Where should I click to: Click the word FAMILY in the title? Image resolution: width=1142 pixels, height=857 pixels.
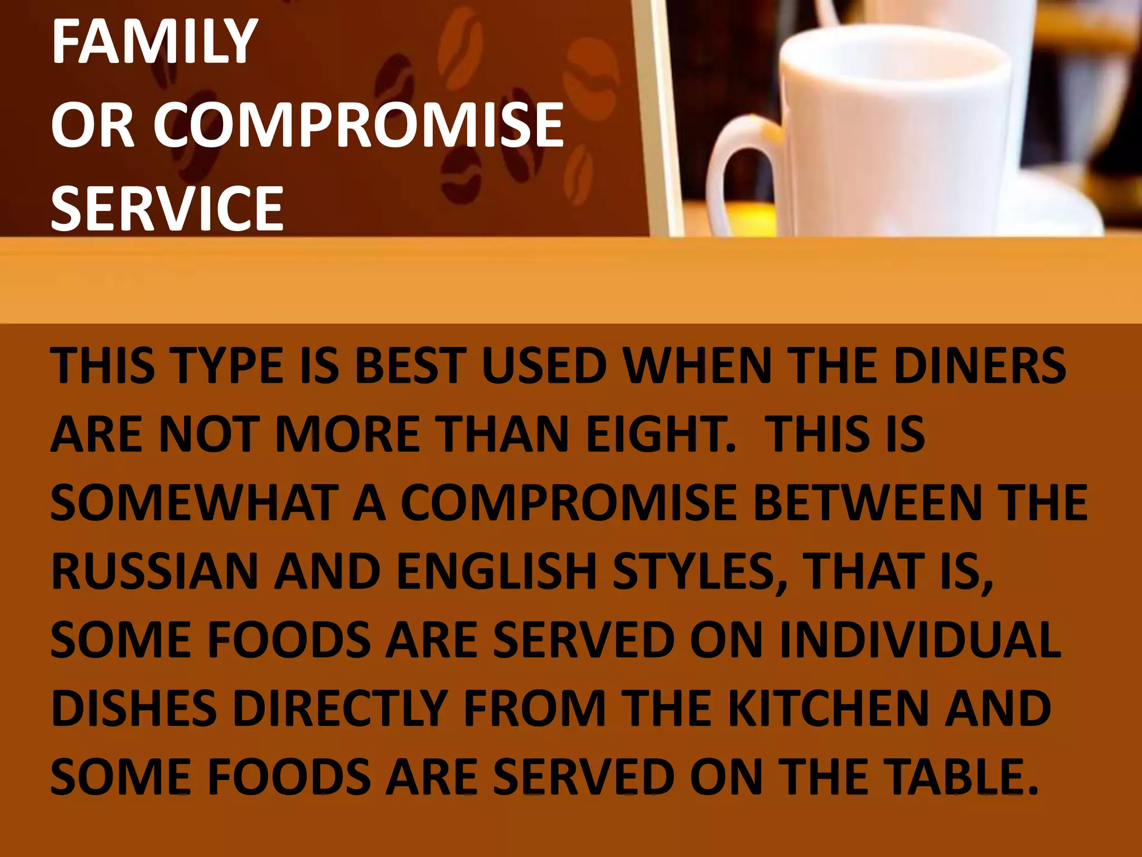(154, 41)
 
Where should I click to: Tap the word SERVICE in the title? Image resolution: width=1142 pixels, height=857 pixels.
(167, 209)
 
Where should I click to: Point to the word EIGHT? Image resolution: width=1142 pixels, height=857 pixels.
(661, 434)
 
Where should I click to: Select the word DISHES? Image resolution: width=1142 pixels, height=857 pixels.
(134, 708)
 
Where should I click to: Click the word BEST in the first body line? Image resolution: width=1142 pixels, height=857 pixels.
(410, 365)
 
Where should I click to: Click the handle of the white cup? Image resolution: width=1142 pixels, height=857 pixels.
(736, 167)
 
